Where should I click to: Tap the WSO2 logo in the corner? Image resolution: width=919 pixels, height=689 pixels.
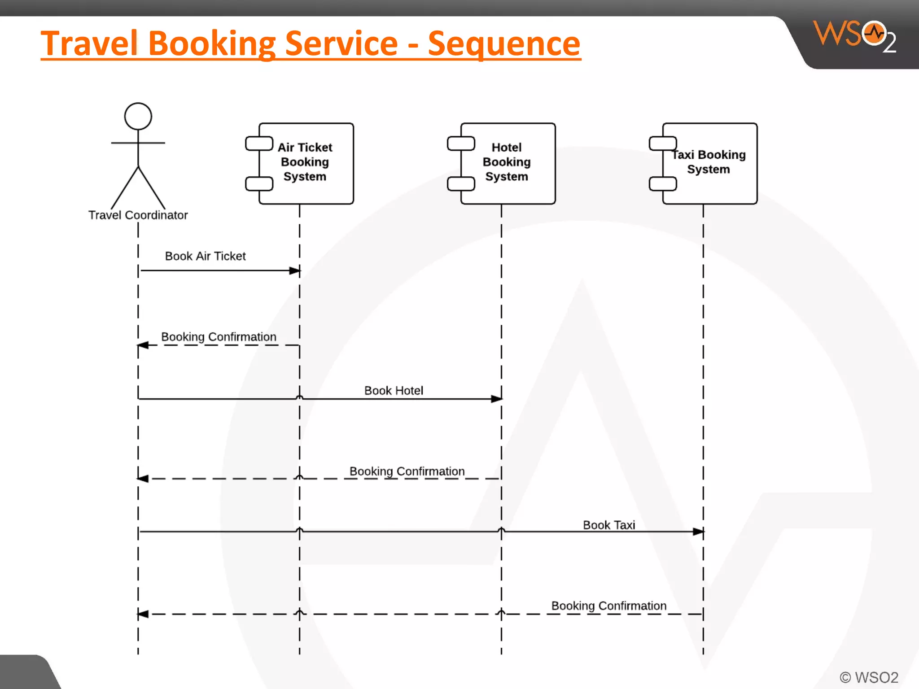[x=854, y=36]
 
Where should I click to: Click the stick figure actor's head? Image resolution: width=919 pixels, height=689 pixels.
[x=138, y=116]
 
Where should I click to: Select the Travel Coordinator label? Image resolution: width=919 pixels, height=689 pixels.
[x=138, y=215]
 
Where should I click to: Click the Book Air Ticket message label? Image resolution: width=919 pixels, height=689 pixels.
[x=205, y=256]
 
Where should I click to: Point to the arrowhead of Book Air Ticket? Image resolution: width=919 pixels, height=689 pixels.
[x=295, y=270]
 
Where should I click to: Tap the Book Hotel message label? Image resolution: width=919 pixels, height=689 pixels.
[x=394, y=391]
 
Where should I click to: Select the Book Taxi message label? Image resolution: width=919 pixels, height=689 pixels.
[x=609, y=525]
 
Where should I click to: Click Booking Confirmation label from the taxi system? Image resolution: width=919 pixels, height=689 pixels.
[x=608, y=606]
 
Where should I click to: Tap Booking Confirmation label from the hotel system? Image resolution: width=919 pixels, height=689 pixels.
[x=407, y=471]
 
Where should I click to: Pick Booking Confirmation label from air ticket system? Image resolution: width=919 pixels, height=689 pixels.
[x=219, y=337]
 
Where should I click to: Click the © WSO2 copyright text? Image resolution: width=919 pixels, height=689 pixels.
[x=869, y=677]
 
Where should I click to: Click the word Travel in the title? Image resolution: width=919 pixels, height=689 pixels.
[x=89, y=44]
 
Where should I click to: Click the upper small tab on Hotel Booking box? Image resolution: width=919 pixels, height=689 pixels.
[x=461, y=144]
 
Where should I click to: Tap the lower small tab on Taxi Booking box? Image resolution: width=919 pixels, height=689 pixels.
[x=663, y=184]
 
